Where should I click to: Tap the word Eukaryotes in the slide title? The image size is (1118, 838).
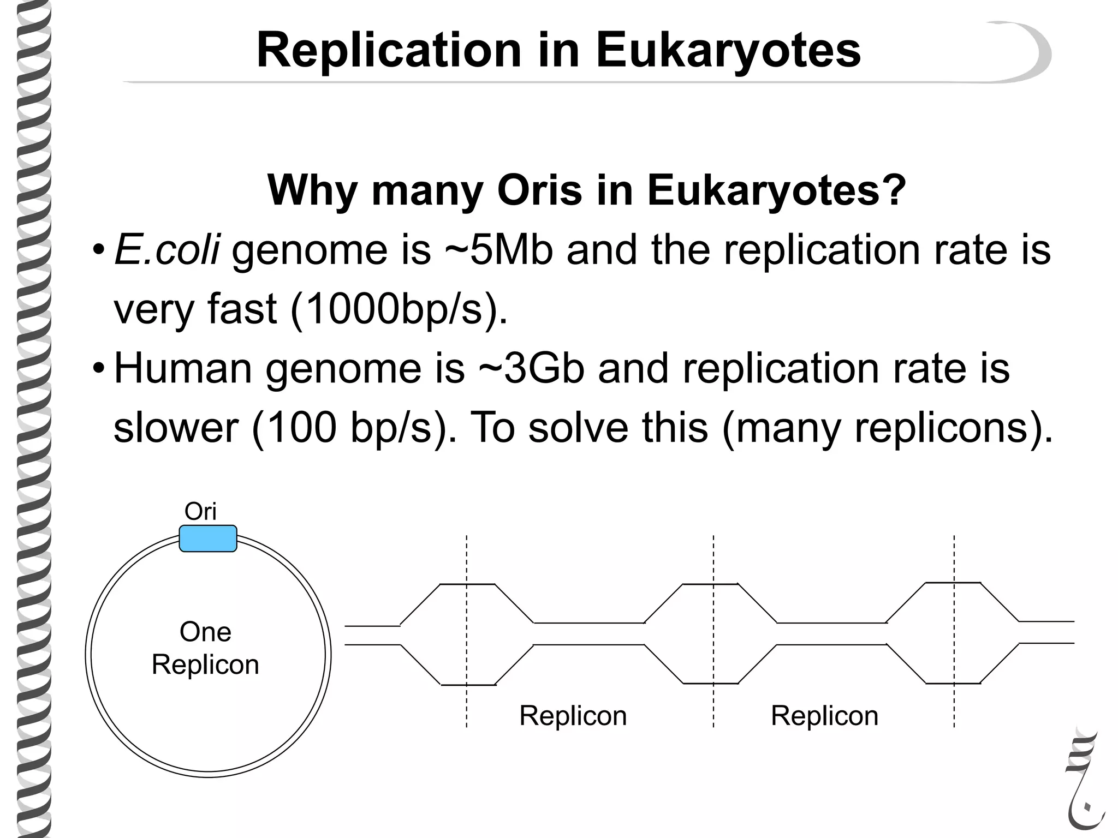[728, 51]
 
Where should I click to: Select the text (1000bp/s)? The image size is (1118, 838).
[399, 309]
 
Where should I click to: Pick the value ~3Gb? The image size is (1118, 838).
[532, 368]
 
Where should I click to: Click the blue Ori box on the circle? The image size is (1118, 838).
[208, 538]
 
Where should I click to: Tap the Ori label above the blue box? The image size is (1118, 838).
[200, 512]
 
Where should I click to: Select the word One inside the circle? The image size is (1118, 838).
[205, 632]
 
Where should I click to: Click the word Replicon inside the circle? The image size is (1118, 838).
[205, 665]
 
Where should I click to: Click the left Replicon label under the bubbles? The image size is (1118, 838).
[573, 715]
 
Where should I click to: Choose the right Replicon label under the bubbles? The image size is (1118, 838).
[824, 715]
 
